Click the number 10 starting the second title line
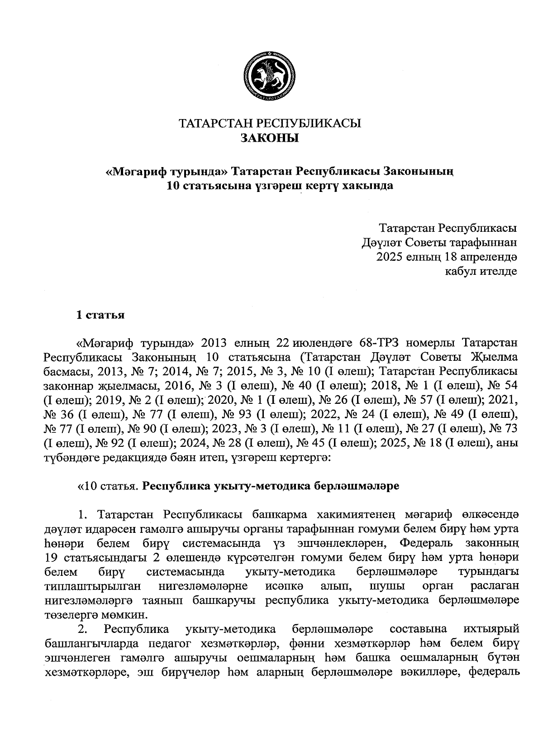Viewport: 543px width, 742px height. coord(174,186)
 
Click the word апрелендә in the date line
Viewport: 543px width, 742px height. coord(489,257)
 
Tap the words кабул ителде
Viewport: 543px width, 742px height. coord(481,271)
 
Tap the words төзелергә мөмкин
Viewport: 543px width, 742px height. coord(96,615)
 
